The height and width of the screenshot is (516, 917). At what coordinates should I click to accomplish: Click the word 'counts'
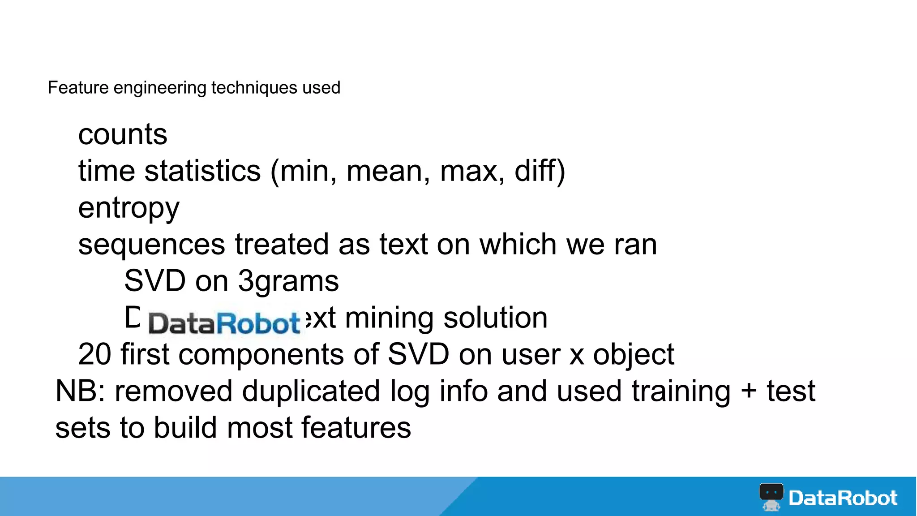(123, 134)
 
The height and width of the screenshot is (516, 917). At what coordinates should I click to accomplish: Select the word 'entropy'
(129, 209)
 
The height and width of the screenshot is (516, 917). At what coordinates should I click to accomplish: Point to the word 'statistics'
(202, 171)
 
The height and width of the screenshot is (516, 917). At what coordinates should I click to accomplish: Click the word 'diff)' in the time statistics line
(540, 171)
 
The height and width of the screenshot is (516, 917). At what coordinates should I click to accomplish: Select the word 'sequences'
(152, 245)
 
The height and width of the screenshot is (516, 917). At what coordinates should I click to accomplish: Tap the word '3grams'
(288, 282)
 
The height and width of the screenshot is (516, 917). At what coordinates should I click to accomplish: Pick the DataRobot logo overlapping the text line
(224, 323)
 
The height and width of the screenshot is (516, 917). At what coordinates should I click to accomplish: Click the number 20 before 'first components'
(94, 355)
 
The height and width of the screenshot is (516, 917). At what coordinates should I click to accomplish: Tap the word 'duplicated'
(311, 391)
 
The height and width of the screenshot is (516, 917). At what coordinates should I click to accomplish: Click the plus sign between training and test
(749, 391)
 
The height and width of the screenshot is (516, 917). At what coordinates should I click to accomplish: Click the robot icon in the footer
(771, 497)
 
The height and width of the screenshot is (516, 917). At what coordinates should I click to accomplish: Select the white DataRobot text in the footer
(843, 498)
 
